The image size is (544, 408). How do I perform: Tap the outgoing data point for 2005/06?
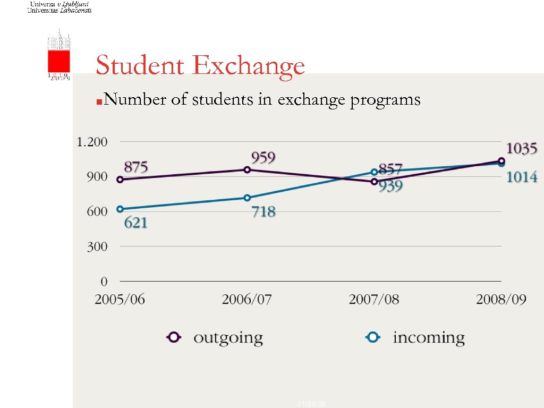coord(120,180)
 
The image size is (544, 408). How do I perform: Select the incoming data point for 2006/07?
coord(247,198)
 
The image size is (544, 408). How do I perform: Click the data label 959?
coord(263,158)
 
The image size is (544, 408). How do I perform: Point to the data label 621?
coord(135,223)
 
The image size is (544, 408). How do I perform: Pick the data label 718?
coord(263,212)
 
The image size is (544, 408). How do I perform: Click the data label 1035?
coord(521,149)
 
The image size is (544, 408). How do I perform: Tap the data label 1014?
coord(521,177)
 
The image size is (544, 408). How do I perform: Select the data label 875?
coord(135,167)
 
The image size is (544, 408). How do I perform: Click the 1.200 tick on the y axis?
coord(92,142)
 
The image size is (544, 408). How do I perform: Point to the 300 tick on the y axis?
coord(97,246)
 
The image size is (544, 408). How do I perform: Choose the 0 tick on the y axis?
coord(104,281)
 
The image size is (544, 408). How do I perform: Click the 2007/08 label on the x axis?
coord(373,300)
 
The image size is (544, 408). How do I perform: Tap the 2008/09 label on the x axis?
coord(501,300)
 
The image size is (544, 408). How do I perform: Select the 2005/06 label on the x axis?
coord(120,300)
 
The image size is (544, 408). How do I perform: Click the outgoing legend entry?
coord(215,337)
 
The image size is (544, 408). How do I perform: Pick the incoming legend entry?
coord(416,337)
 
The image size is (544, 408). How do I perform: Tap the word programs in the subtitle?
coord(385,100)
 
